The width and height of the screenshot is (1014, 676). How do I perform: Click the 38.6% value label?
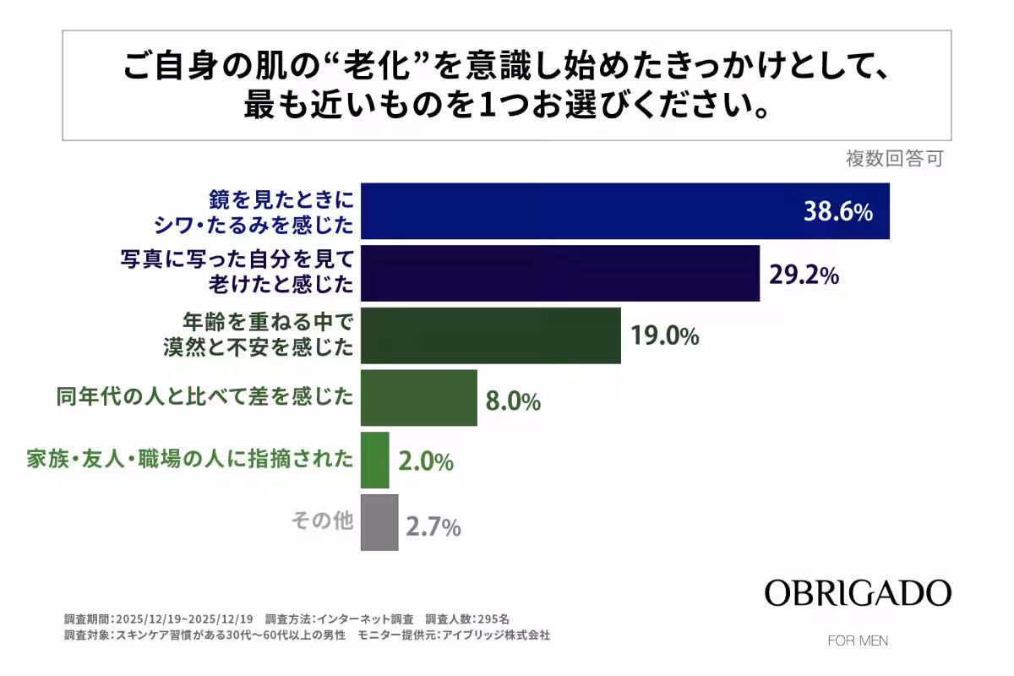click(x=836, y=212)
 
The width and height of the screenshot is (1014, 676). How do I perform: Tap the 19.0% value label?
click(x=664, y=336)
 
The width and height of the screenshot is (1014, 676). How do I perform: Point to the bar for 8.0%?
click(x=418, y=398)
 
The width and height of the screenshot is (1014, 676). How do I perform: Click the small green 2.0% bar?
click(x=374, y=461)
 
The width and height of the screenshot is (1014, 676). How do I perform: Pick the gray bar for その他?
click(x=379, y=523)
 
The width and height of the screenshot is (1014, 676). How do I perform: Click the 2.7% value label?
click(x=433, y=528)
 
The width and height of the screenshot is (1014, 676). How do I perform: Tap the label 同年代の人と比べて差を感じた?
click(x=204, y=396)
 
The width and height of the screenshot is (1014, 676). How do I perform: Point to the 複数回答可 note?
click(x=894, y=158)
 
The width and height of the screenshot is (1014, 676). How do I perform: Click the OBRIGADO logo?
click(x=858, y=592)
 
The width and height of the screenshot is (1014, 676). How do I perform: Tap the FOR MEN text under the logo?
click(x=858, y=641)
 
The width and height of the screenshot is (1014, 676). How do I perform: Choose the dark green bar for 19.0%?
click(x=490, y=335)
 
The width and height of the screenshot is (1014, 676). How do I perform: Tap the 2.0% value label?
click(x=426, y=463)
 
